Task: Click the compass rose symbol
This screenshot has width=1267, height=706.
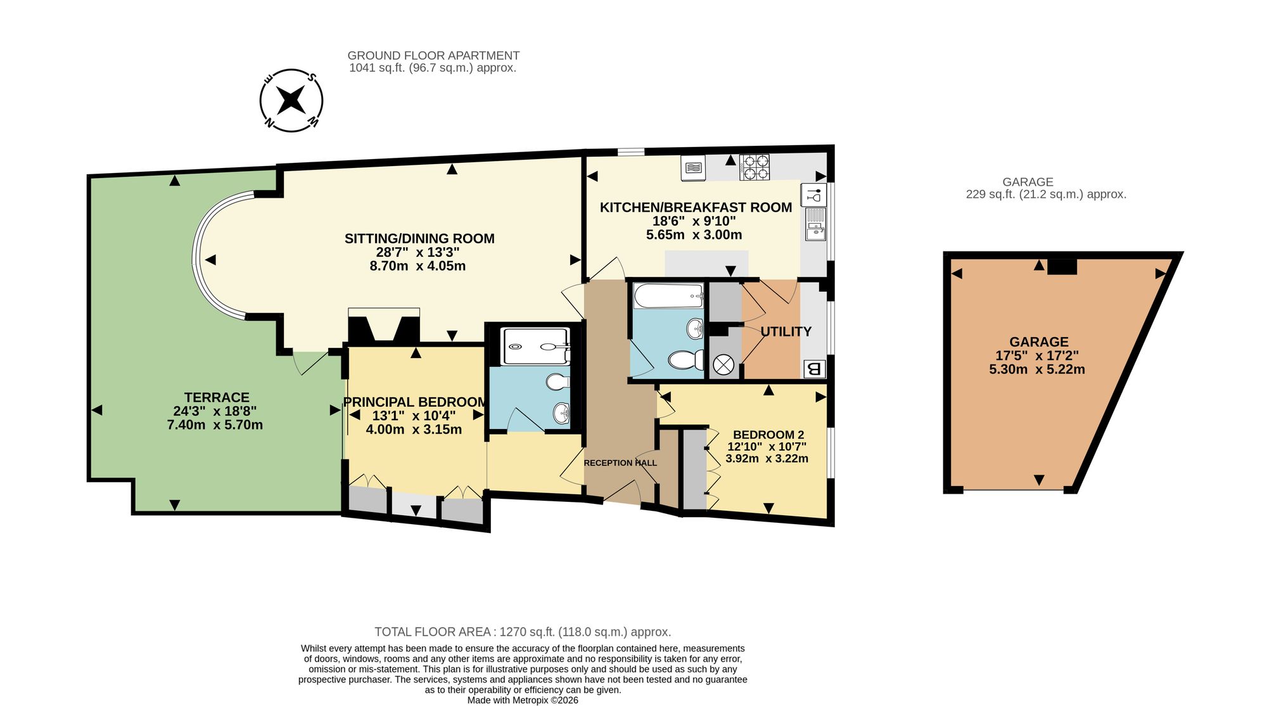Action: (x=291, y=100)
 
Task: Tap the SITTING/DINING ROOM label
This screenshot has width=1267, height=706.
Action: (x=419, y=238)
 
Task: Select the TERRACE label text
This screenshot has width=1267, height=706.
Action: (x=217, y=397)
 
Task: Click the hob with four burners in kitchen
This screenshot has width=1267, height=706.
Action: (x=754, y=167)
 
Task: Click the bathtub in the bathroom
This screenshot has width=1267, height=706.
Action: (x=669, y=296)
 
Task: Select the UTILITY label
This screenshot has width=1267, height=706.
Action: (x=786, y=331)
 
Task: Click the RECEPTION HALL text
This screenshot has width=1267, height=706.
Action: (x=620, y=463)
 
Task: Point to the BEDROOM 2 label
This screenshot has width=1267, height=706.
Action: (x=768, y=435)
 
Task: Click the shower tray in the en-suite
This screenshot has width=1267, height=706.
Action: (x=535, y=346)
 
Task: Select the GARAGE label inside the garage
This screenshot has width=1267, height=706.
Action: (x=1039, y=342)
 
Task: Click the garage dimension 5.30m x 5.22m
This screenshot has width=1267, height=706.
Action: (x=1037, y=369)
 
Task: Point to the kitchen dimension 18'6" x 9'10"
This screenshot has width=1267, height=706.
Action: (x=694, y=221)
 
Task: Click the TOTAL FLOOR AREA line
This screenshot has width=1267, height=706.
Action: (x=523, y=632)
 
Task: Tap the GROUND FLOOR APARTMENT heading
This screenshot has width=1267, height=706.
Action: (x=433, y=56)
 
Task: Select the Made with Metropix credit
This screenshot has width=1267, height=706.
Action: (x=523, y=700)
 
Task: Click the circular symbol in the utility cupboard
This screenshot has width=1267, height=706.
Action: (x=723, y=364)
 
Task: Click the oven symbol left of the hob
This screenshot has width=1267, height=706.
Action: (x=694, y=168)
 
